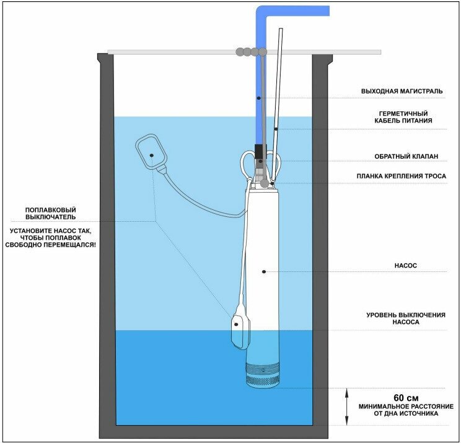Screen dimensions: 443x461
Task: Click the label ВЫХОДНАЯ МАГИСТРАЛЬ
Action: click(x=402, y=91)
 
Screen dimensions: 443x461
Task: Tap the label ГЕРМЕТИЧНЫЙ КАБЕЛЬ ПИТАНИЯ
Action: click(x=406, y=117)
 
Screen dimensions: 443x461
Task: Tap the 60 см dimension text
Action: click(x=405, y=397)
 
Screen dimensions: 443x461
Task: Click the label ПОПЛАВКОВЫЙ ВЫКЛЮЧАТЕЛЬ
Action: click(x=51, y=213)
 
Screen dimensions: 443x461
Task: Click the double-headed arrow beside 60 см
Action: click(x=346, y=405)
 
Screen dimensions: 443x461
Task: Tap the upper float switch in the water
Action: click(x=149, y=152)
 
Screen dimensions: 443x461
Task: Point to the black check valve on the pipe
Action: click(x=260, y=152)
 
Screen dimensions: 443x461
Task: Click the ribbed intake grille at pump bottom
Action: click(x=264, y=375)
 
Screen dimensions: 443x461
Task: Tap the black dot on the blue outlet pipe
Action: click(x=258, y=99)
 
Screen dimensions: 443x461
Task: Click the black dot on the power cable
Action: click(x=274, y=129)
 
